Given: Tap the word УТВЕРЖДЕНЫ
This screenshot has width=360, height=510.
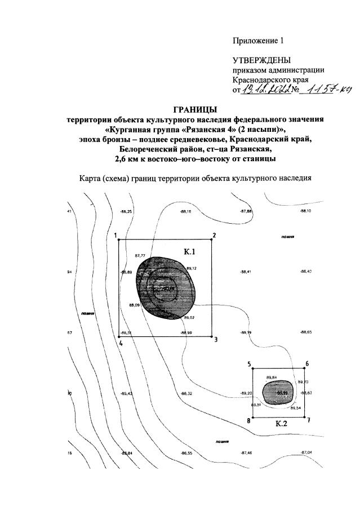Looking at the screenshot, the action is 264,60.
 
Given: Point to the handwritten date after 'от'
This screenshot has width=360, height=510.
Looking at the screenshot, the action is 265,89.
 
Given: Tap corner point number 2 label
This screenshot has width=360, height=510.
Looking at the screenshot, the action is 214,235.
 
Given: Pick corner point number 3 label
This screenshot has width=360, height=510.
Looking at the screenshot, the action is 215,339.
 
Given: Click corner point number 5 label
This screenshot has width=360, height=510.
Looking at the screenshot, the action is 248,364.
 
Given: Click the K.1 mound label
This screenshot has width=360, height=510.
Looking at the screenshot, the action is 189,251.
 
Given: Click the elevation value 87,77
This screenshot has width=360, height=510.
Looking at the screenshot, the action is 140,256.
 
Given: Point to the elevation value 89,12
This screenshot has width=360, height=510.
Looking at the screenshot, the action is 191,268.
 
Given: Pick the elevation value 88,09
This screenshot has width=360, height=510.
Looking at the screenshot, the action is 135,305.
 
